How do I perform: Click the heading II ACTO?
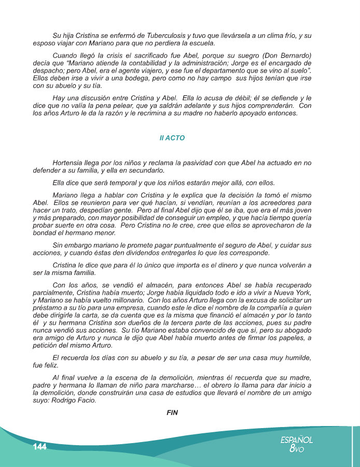pos(172,139)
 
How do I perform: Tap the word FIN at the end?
pos(172,413)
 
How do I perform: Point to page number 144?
pos(39,447)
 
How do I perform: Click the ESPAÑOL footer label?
pos(297,439)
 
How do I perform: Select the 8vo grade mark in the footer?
pos(296,449)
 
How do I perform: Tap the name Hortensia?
pos(70,162)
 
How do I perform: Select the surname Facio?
pos(84,401)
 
